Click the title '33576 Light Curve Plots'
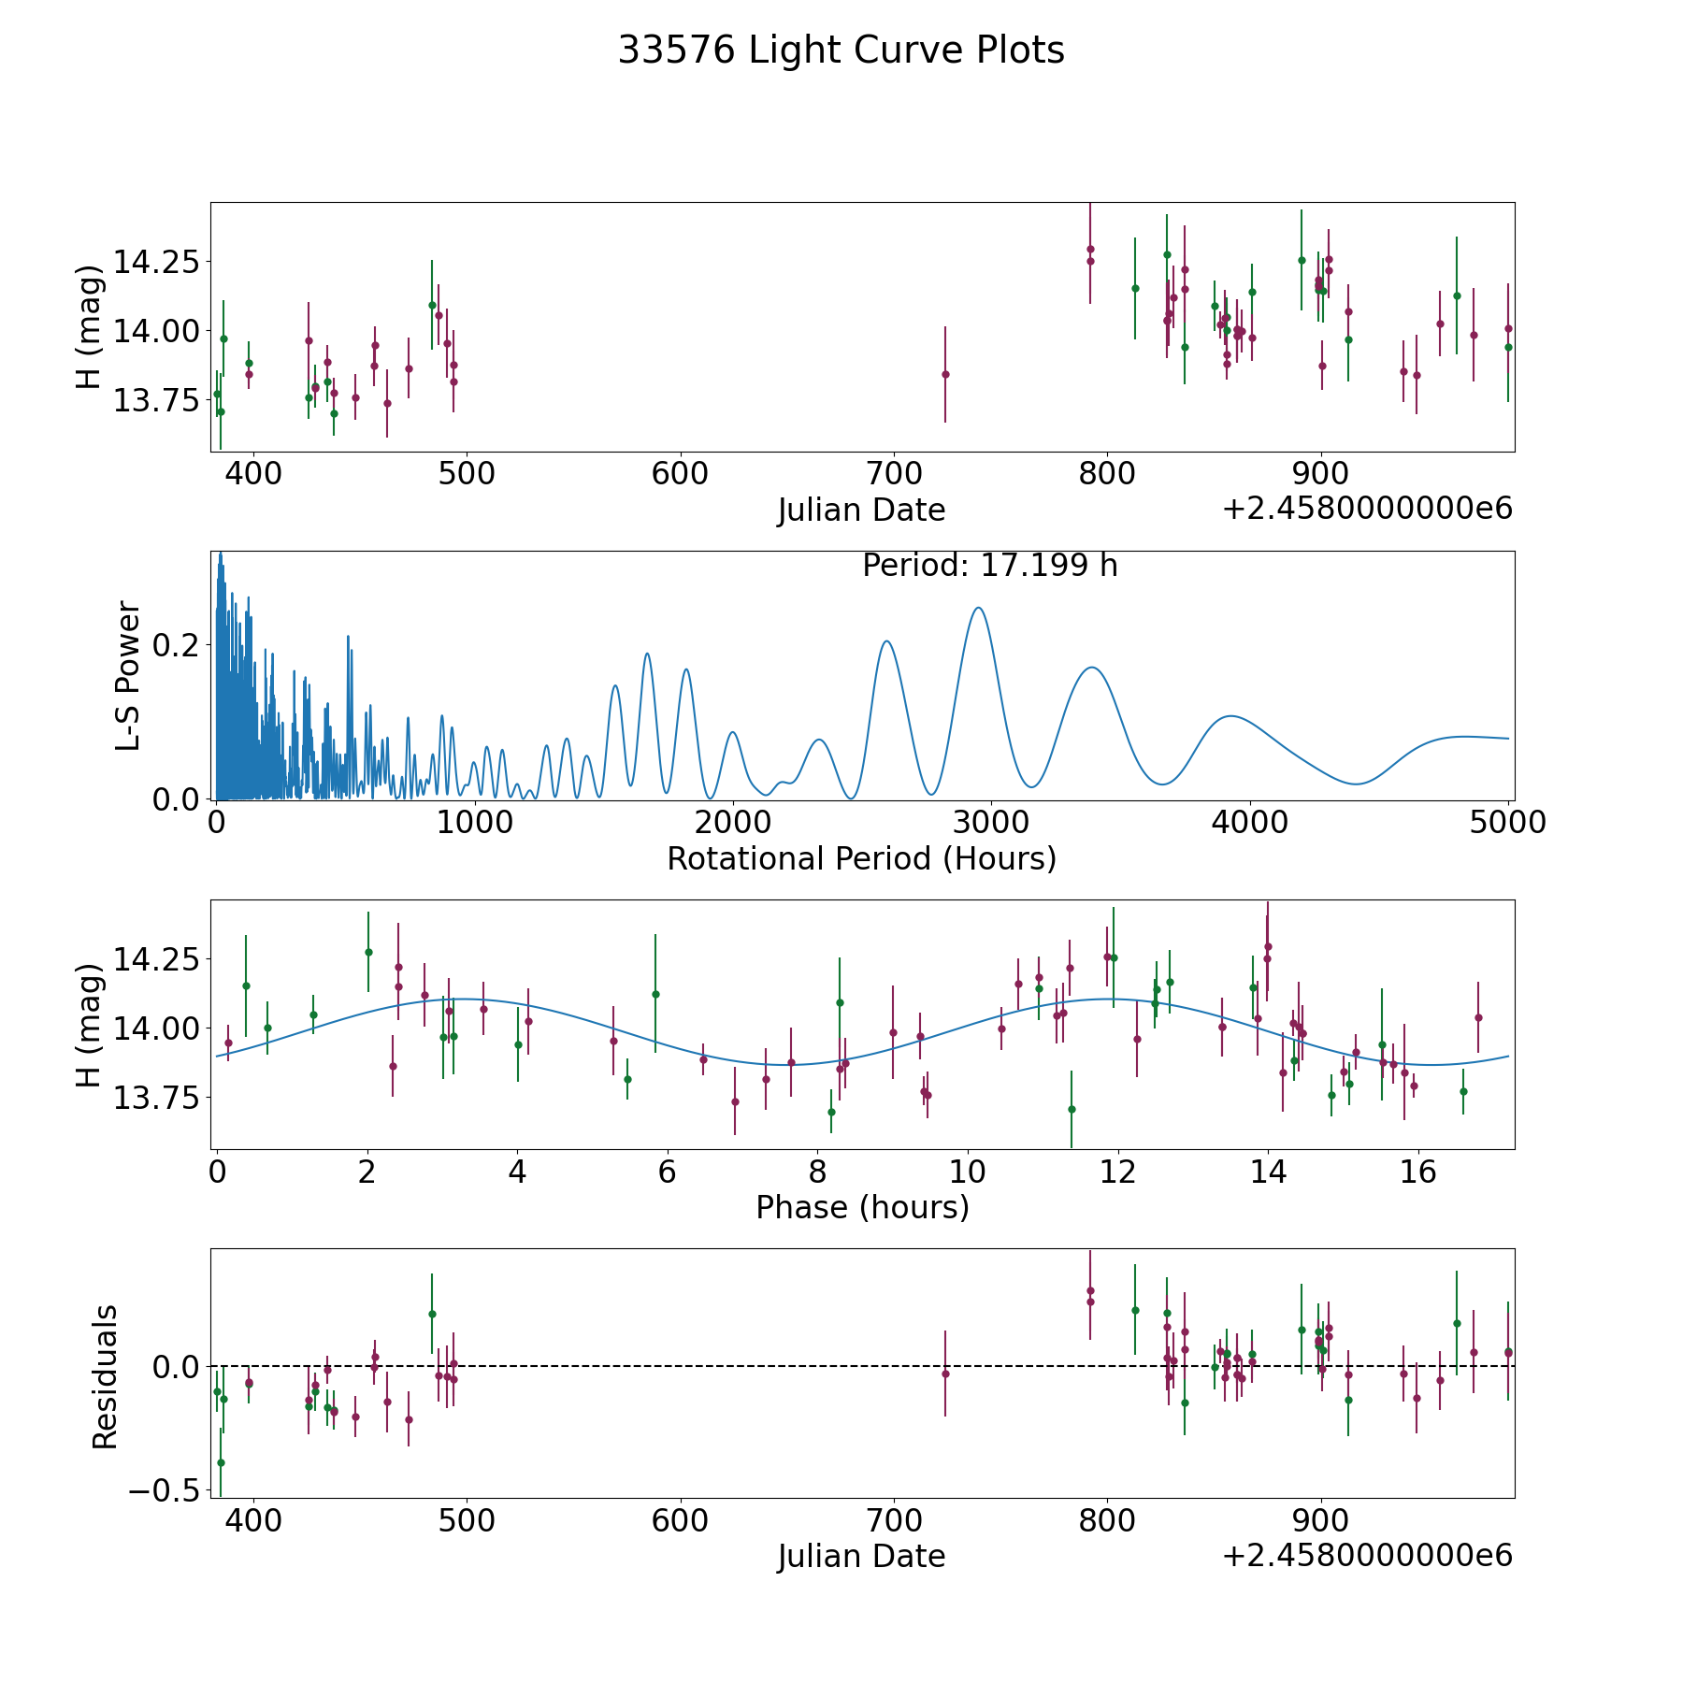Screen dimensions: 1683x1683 (841, 50)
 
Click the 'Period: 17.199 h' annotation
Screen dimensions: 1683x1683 (989, 566)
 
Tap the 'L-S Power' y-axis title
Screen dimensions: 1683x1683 (129, 675)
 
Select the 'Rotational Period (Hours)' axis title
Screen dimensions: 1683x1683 (861, 858)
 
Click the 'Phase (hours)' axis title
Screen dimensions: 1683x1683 (861, 1207)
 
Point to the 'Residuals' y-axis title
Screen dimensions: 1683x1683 (105, 1375)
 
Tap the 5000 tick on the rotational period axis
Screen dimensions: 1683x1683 (1507, 823)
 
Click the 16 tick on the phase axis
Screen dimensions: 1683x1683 (1417, 1172)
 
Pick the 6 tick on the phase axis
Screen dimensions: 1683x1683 (667, 1172)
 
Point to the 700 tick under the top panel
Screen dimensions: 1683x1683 (893, 474)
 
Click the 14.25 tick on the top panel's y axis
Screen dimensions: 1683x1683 (156, 261)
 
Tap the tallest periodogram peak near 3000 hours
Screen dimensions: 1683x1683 (978, 608)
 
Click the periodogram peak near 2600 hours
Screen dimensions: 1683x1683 (886, 640)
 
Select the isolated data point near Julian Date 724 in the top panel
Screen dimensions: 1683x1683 (945, 374)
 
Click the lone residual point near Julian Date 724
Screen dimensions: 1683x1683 (945, 1374)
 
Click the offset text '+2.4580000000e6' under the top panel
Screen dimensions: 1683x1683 (1367, 509)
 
